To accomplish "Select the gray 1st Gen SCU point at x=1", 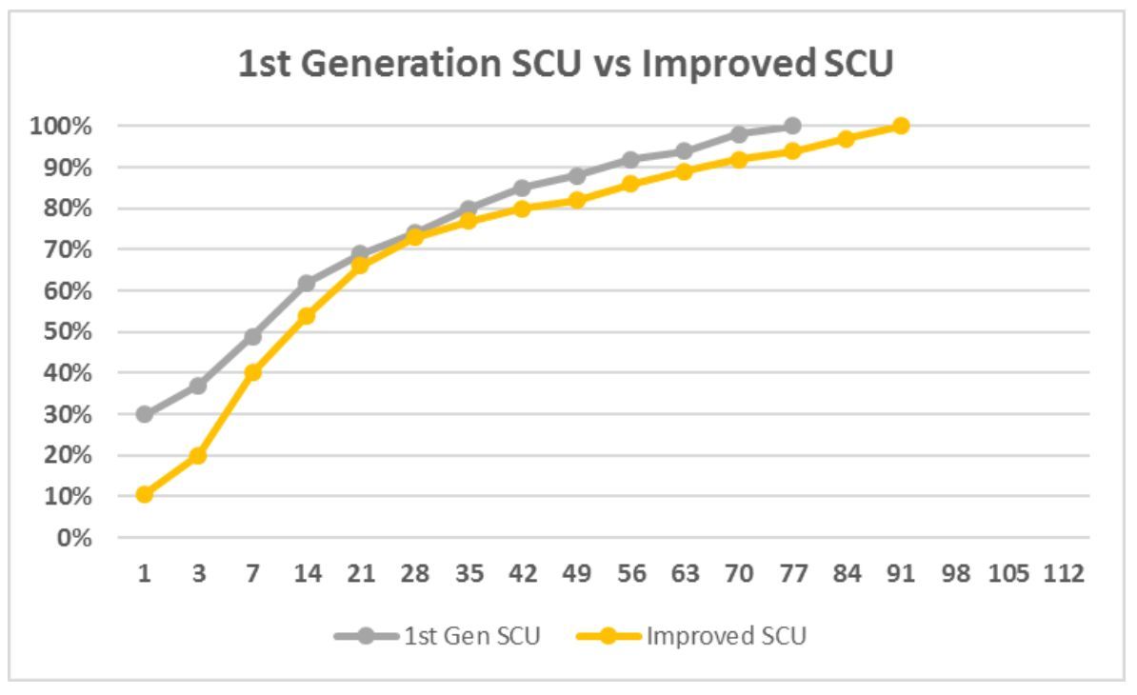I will coord(145,414).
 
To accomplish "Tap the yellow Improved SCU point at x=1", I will coord(145,494).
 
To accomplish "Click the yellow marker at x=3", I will coord(198,456).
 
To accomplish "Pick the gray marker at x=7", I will coord(252,337).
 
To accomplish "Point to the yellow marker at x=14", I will coord(307,316).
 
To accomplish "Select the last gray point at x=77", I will coord(792,126).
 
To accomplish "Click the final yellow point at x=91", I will coord(901,126).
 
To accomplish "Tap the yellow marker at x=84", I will coord(847,139).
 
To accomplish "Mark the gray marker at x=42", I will coord(522,188).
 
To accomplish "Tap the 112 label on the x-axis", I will coord(1063,574).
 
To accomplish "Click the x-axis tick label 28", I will coord(414,574).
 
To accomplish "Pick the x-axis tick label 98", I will coord(955,574).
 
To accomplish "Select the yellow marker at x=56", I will coord(630,184).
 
